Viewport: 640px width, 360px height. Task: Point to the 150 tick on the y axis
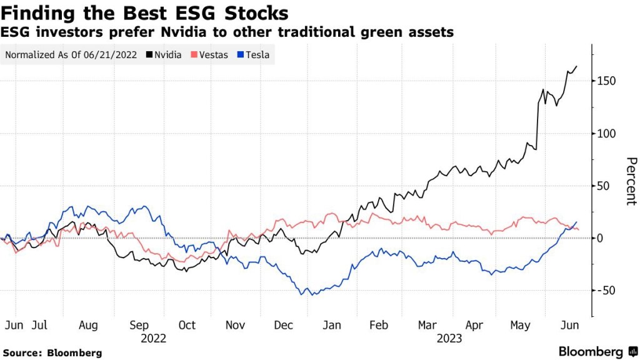606,81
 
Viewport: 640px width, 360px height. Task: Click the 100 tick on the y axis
606,134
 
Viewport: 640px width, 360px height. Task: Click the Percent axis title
631,181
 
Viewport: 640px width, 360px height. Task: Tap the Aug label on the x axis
88,325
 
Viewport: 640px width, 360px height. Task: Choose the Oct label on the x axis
186,325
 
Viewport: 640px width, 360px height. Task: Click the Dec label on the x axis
284,325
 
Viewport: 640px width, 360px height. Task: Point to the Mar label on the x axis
427,325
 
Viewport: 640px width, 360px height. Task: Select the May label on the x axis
520,325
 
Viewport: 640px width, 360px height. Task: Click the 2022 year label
153,338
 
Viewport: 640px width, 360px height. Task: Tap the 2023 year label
449,338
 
